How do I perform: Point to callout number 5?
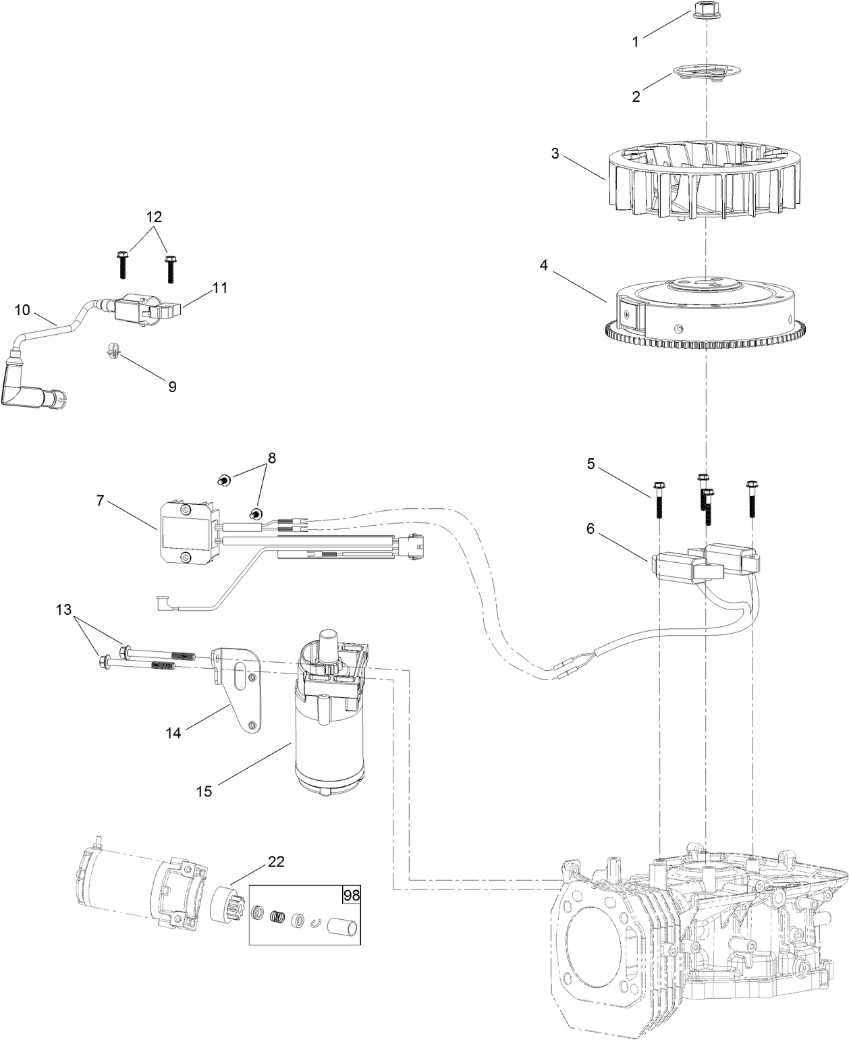click(x=591, y=464)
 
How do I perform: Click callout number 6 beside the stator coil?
click(x=591, y=528)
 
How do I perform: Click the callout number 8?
click(x=271, y=458)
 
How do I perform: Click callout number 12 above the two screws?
click(x=154, y=217)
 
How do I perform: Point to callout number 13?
click(x=63, y=610)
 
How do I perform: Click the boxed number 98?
click(x=351, y=896)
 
